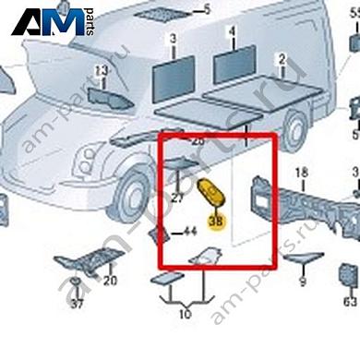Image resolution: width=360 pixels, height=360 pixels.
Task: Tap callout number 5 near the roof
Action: (207, 10)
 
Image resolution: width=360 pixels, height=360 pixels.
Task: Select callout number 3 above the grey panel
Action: (172, 40)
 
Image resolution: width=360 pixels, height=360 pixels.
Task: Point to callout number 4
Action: (233, 30)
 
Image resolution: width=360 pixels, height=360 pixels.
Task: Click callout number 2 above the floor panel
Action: (282, 59)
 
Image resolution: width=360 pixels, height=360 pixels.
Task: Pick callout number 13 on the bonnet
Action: (102, 71)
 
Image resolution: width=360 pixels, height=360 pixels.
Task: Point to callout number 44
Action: (190, 232)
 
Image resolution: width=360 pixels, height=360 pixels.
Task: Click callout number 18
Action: (301, 174)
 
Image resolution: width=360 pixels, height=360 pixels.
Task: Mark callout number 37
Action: (77, 304)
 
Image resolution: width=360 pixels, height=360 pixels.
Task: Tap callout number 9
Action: (302, 283)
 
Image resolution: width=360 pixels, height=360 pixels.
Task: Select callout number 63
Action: (349, 302)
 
